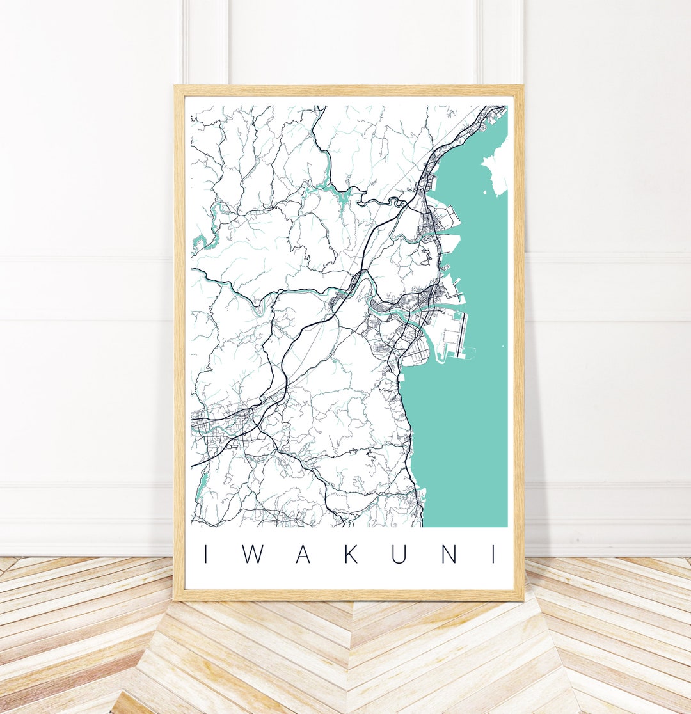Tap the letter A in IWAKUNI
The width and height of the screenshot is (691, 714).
pos(303,554)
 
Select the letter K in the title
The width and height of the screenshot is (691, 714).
pos(351,554)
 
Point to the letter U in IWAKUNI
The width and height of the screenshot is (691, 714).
pos(399,554)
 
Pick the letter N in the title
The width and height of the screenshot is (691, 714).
pos(448,554)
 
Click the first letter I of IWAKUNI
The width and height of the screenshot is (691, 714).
pos(206,554)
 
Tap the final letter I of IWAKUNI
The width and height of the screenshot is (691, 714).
pos(494,554)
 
